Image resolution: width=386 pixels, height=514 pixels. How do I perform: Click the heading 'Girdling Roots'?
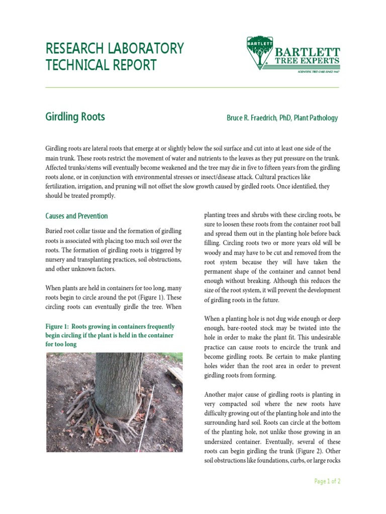(75, 117)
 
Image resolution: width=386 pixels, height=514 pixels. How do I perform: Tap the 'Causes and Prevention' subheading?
(76, 216)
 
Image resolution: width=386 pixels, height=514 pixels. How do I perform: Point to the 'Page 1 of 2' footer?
(327, 481)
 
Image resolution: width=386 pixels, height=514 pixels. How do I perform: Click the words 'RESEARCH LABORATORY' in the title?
(114, 49)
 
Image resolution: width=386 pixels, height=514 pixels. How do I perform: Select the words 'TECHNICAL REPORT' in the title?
(101, 65)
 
